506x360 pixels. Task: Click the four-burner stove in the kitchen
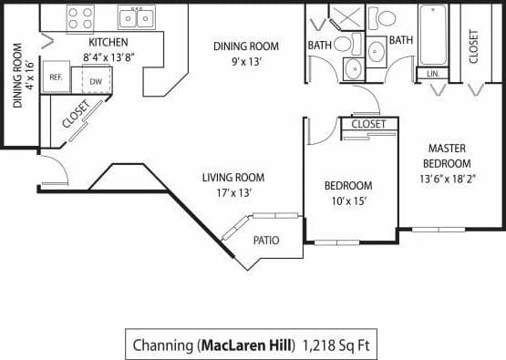[x=80, y=17]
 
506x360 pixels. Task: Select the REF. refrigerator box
[x=56, y=78]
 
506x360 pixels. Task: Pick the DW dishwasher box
[x=96, y=81]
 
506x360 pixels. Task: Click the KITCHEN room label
[x=108, y=43]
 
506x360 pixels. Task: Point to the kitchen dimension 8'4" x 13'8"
[x=108, y=57]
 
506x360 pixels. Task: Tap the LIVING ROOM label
[x=232, y=178]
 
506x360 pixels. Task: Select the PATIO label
[x=266, y=241]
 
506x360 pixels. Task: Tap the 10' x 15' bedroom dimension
[x=347, y=201]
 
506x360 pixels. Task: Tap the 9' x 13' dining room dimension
[x=245, y=63]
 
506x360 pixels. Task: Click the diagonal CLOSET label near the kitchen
[x=77, y=112]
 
